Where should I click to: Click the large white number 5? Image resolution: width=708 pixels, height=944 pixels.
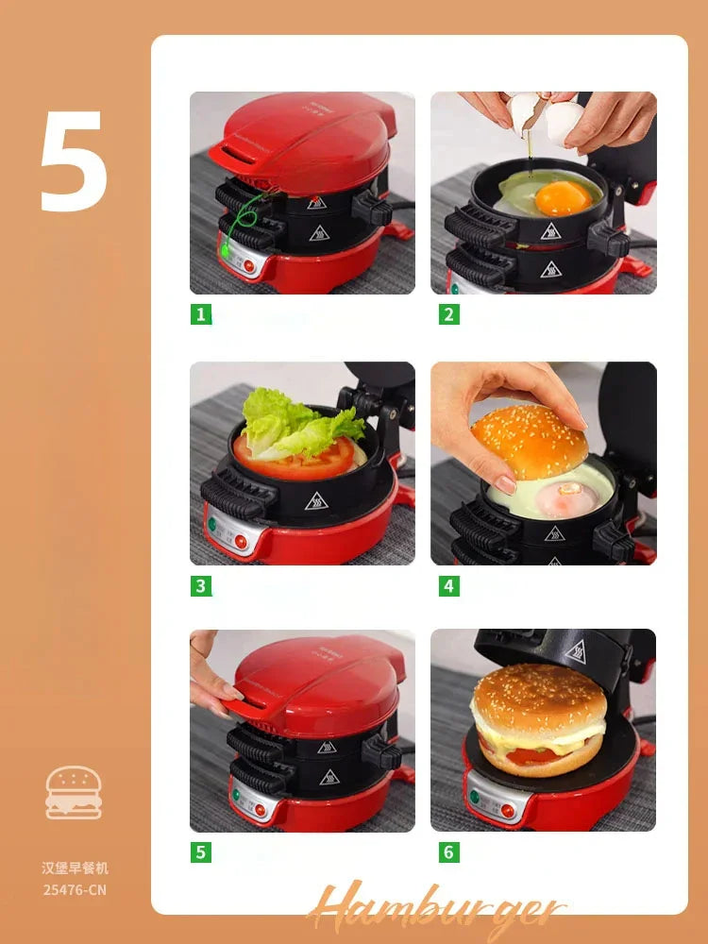pyautogui.click(x=74, y=161)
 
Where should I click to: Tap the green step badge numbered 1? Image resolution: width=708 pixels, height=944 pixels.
pyautogui.click(x=200, y=314)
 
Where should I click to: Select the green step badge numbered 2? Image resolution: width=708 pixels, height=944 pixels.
pyautogui.click(x=449, y=314)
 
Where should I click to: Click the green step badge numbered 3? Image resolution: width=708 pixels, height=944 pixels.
pyautogui.click(x=200, y=585)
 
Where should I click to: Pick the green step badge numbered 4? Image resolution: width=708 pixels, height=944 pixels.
pyautogui.click(x=449, y=585)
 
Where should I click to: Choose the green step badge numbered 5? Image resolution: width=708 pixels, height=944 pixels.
pyautogui.click(x=200, y=852)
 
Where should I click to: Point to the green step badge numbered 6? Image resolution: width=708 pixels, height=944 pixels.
pyautogui.click(x=449, y=852)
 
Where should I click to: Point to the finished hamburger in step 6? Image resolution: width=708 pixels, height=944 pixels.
pyautogui.click(x=539, y=719)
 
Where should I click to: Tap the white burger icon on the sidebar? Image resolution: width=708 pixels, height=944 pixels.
pyautogui.click(x=74, y=792)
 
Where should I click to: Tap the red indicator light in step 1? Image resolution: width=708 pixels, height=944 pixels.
pyautogui.click(x=249, y=265)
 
